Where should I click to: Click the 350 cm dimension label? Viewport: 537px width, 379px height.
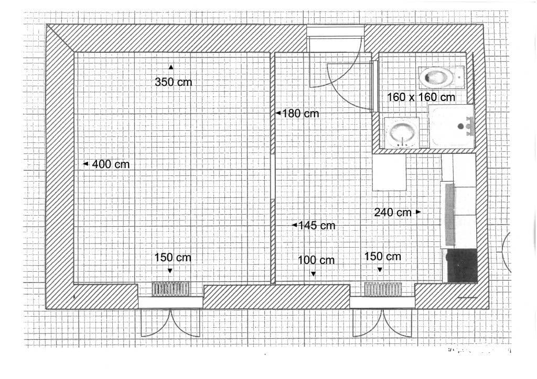point(174,82)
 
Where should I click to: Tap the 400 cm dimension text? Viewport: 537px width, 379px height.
point(111,164)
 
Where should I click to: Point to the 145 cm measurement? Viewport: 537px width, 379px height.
point(316,226)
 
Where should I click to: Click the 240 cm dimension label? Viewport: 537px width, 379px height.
point(393,213)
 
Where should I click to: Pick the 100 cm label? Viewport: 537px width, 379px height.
point(316,260)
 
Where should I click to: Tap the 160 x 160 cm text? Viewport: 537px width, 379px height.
point(421,97)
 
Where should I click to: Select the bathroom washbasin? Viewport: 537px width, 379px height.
point(402,133)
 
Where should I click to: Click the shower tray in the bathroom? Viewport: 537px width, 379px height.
point(452,127)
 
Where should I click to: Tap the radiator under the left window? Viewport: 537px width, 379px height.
point(171,288)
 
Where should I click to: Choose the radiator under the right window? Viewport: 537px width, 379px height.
point(383,289)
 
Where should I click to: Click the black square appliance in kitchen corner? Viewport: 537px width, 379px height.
point(461,265)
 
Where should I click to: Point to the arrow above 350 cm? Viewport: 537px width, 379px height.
point(171,66)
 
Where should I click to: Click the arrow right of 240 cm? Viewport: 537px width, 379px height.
point(418,212)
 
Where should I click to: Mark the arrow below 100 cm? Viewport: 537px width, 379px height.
point(313,274)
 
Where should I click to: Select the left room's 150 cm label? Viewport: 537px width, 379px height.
point(173,258)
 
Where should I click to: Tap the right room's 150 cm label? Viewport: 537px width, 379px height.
point(382,256)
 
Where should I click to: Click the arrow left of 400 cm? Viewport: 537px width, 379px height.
point(85,164)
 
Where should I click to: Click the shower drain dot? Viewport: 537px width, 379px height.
point(461,126)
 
